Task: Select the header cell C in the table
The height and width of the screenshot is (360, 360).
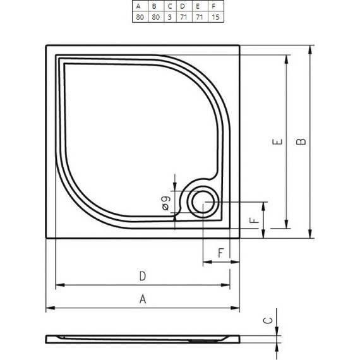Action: (x=169, y=6)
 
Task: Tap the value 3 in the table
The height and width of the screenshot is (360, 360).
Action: (x=169, y=17)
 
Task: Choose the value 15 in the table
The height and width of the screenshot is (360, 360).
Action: (x=215, y=17)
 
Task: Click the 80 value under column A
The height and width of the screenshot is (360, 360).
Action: (x=140, y=17)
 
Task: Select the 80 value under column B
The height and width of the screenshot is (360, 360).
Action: (x=155, y=17)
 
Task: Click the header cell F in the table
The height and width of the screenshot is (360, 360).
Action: (x=215, y=6)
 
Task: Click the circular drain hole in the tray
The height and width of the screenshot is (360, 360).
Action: (x=203, y=202)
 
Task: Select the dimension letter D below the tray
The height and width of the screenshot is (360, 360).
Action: (x=143, y=276)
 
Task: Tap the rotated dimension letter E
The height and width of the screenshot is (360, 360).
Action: (x=277, y=142)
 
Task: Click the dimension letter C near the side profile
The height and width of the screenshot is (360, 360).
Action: (x=269, y=320)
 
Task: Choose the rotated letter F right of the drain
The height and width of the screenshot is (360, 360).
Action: (x=253, y=220)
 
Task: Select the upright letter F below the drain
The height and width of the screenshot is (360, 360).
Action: (x=221, y=253)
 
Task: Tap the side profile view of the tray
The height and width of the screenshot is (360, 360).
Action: (x=143, y=339)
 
